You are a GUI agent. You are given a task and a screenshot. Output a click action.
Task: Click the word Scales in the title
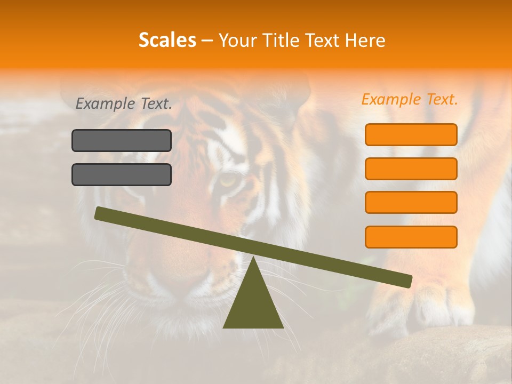pos(167,41)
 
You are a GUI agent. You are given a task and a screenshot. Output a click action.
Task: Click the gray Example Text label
pos(124,104)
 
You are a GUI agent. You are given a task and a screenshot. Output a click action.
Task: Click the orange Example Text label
pos(410,99)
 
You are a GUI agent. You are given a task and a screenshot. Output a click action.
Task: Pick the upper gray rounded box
pos(122,140)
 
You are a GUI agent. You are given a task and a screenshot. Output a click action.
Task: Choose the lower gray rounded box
pos(122,174)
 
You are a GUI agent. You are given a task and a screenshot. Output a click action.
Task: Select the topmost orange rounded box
pos(411,134)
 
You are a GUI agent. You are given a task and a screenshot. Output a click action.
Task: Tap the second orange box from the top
pos(411,169)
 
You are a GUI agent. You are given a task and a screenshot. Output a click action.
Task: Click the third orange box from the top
pos(411,203)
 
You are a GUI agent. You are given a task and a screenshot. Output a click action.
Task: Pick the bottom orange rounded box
pos(411,237)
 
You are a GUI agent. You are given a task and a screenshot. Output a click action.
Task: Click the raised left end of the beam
pos(101,213)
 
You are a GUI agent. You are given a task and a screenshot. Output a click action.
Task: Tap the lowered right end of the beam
pos(406,281)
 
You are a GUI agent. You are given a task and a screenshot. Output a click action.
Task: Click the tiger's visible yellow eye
pos(229,181)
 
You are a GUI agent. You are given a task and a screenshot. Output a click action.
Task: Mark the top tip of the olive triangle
pos(253,258)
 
